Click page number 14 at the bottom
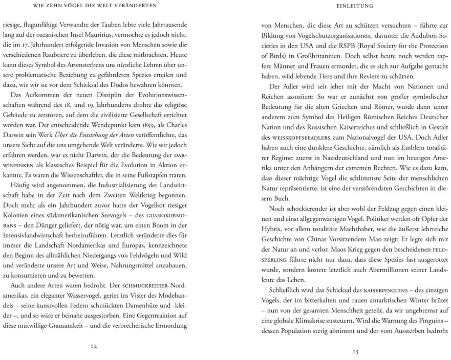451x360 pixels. (94, 346)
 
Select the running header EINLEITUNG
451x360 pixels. (356, 6)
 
